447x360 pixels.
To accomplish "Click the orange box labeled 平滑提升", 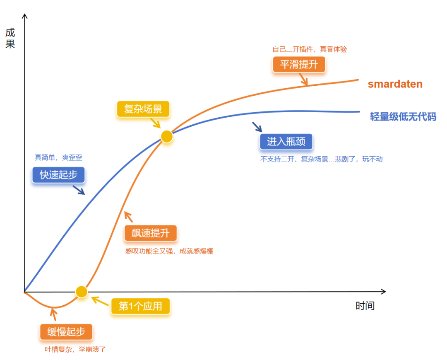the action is point(299,65).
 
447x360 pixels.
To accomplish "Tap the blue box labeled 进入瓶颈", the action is point(286,142).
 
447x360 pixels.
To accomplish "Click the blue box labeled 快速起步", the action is point(58,175).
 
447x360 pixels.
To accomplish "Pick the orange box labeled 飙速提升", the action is point(151,233).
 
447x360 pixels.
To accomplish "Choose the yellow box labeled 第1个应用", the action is point(141,307).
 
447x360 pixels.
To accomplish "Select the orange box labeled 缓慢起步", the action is point(66,332).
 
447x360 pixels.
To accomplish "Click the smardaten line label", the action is point(395,84).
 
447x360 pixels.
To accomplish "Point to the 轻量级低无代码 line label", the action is point(403,116).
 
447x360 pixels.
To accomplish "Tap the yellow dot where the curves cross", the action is point(166,137).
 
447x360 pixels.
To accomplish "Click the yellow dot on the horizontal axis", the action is point(82,292).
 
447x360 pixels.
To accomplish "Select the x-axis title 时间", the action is point(365,306).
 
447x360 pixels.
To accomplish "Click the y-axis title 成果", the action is point(10,38).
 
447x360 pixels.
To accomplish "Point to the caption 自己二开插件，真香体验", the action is point(309,49).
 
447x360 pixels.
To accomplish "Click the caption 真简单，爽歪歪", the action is point(58,158).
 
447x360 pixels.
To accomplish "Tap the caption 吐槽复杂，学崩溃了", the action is point(75,349).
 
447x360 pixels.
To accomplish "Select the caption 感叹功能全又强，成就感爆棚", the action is point(169,251).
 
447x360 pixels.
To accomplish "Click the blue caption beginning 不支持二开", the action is point(321,159).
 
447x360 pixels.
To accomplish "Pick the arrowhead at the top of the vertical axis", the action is point(25,17).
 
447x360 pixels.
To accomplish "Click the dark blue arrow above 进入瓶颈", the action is point(257,126).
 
